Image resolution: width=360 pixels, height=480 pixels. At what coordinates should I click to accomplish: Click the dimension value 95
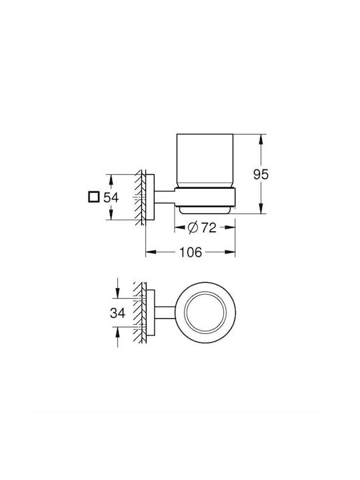pyautogui.click(x=261, y=175)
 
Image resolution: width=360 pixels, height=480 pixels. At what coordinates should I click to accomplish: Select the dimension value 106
pyautogui.click(x=191, y=252)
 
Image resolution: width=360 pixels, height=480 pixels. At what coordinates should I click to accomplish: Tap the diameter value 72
pyautogui.click(x=209, y=228)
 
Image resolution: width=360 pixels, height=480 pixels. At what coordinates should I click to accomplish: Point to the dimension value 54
pyautogui.click(x=111, y=197)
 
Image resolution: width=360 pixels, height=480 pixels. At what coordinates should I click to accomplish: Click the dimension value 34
pyautogui.click(x=118, y=313)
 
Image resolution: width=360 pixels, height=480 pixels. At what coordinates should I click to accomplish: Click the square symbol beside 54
pyautogui.click(x=93, y=197)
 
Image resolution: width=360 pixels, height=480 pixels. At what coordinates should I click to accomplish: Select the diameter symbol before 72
pyautogui.click(x=193, y=228)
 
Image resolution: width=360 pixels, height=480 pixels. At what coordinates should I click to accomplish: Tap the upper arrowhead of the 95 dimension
pyautogui.click(x=261, y=140)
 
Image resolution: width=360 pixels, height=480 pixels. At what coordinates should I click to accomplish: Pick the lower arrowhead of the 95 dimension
pyautogui.click(x=261, y=208)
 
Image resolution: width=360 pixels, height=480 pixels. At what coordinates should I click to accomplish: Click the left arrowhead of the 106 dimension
pyautogui.click(x=151, y=252)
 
